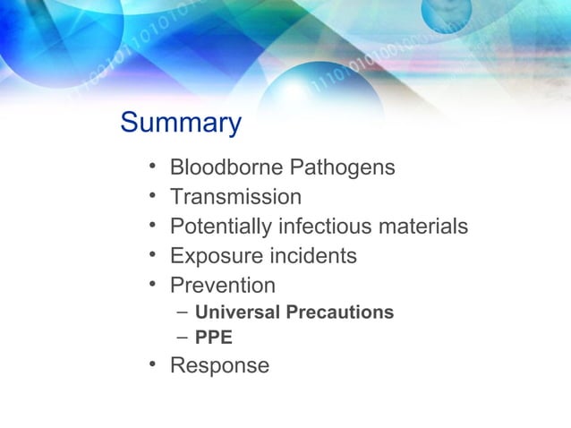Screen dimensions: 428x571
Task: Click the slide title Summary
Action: [181, 123]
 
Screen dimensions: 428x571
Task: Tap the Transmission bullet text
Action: [235, 197]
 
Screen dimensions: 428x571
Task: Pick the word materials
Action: [423, 227]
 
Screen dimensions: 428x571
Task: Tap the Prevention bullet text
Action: [223, 286]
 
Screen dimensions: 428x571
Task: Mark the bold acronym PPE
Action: [214, 338]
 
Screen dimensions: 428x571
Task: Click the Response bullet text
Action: [219, 365]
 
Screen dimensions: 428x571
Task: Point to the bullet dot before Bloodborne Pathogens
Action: [154, 167]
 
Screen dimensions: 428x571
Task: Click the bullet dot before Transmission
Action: [154, 196]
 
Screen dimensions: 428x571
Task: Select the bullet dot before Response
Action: [154, 364]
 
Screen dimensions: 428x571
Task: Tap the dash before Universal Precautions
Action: [183, 312]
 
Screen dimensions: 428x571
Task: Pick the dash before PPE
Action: [183, 338]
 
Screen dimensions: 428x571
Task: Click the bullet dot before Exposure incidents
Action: [154, 255]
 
